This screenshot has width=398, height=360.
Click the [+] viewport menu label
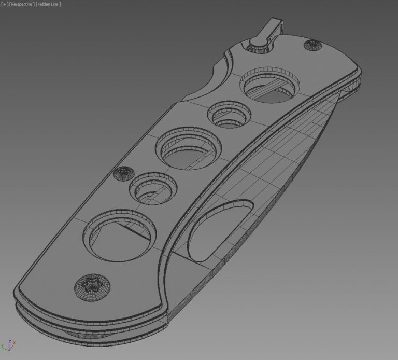click(x=5, y=4)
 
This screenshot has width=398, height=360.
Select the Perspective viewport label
click(x=22, y=4)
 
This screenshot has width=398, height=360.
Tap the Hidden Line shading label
click(x=48, y=4)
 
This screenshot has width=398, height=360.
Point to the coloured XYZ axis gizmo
click(x=9, y=345)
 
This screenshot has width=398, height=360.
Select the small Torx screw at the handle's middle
click(x=124, y=174)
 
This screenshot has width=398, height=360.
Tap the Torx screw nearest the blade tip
click(x=312, y=45)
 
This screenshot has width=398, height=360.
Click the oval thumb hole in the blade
click(x=220, y=230)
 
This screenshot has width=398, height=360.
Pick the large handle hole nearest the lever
click(x=270, y=85)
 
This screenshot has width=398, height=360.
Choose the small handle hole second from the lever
click(x=230, y=114)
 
